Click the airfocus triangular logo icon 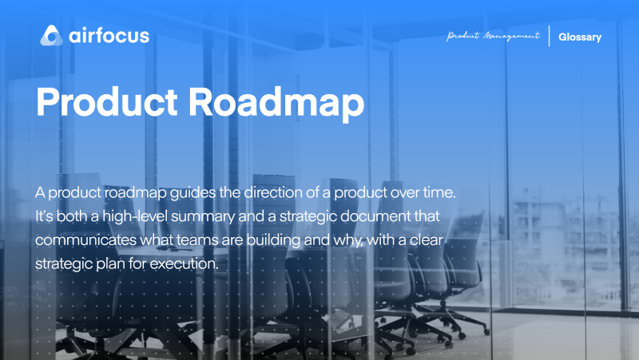(51, 36)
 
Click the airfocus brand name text (107, 36)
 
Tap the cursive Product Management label (493, 37)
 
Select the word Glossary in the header (580, 37)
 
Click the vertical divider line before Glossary (550, 37)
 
